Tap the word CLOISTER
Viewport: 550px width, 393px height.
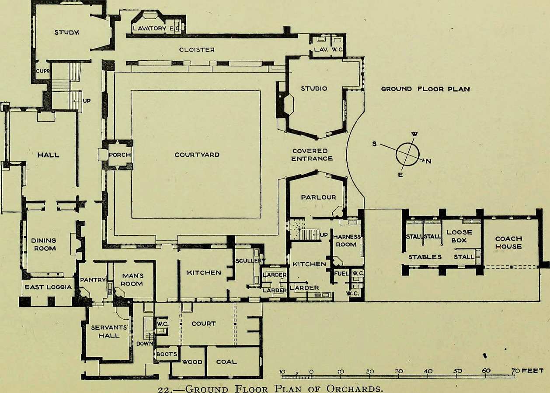(x=197, y=50)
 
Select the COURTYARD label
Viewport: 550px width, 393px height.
(x=197, y=155)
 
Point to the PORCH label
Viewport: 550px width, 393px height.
(x=120, y=155)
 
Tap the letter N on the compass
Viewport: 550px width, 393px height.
(x=428, y=161)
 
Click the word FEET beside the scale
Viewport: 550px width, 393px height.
(x=533, y=371)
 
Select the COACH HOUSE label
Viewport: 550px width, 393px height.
(x=508, y=242)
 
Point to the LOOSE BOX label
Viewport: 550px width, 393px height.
(x=459, y=236)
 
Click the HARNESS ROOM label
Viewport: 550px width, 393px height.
(x=346, y=241)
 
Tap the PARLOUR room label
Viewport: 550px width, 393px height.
(x=318, y=197)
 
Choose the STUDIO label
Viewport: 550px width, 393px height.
(x=314, y=89)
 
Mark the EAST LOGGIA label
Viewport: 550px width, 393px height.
(x=48, y=287)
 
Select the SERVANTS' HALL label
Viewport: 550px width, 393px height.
(x=109, y=331)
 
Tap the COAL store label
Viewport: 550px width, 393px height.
(x=226, y=362)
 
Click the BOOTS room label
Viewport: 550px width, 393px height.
(x=167, y=354)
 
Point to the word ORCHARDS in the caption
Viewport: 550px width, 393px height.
(x=355, y=389)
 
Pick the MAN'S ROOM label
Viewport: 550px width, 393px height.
(x=132, y=279)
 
